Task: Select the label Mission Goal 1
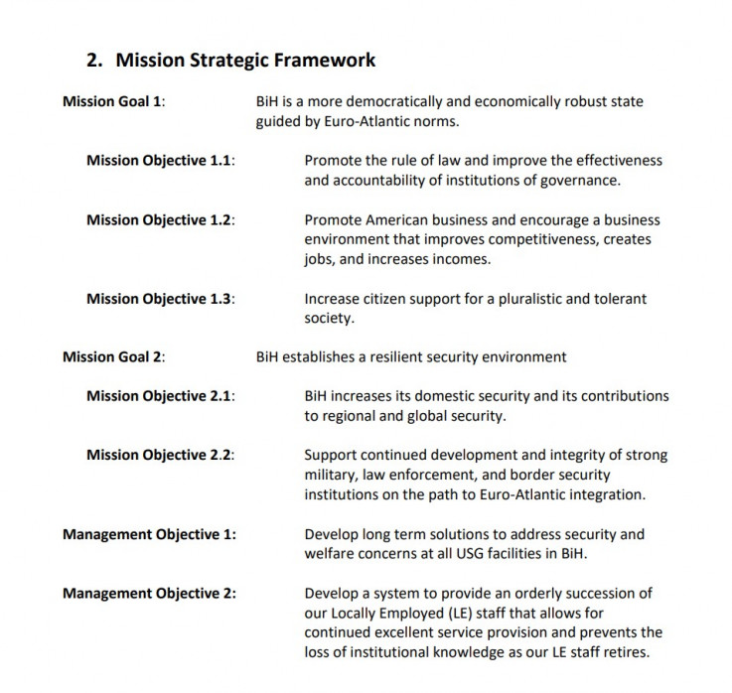[112, 101]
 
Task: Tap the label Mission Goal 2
[112, 357]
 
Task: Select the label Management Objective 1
[149, 534]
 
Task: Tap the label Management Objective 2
[149, 594]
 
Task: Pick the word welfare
[330, 554]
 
